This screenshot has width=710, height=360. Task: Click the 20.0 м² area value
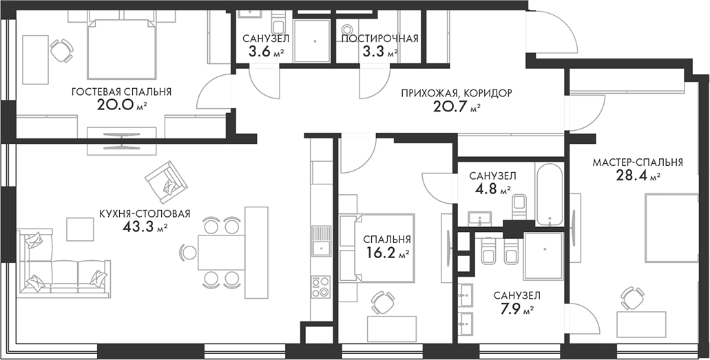121,105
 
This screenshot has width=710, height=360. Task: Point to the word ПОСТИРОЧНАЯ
379,39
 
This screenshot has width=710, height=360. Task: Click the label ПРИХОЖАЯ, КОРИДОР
457,93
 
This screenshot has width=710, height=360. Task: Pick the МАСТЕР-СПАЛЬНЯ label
637,162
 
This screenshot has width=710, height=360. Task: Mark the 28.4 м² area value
637,176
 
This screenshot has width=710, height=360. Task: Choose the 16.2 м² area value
386,253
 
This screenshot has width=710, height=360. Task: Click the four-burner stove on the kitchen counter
320,285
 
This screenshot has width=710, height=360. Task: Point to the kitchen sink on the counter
320,248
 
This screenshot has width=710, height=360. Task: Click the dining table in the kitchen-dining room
222,252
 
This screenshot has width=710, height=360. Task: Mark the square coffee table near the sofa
80,228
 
